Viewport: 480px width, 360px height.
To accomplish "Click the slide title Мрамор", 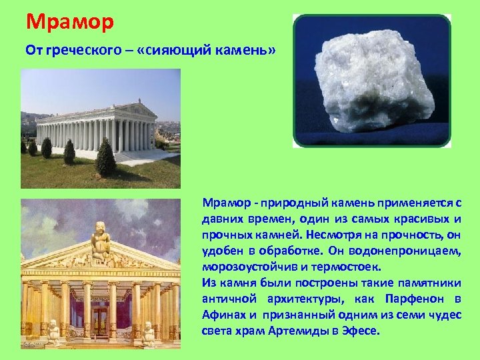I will click(x=70, y=21).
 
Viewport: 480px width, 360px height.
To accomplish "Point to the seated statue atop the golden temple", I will click(x=100, y=241).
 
